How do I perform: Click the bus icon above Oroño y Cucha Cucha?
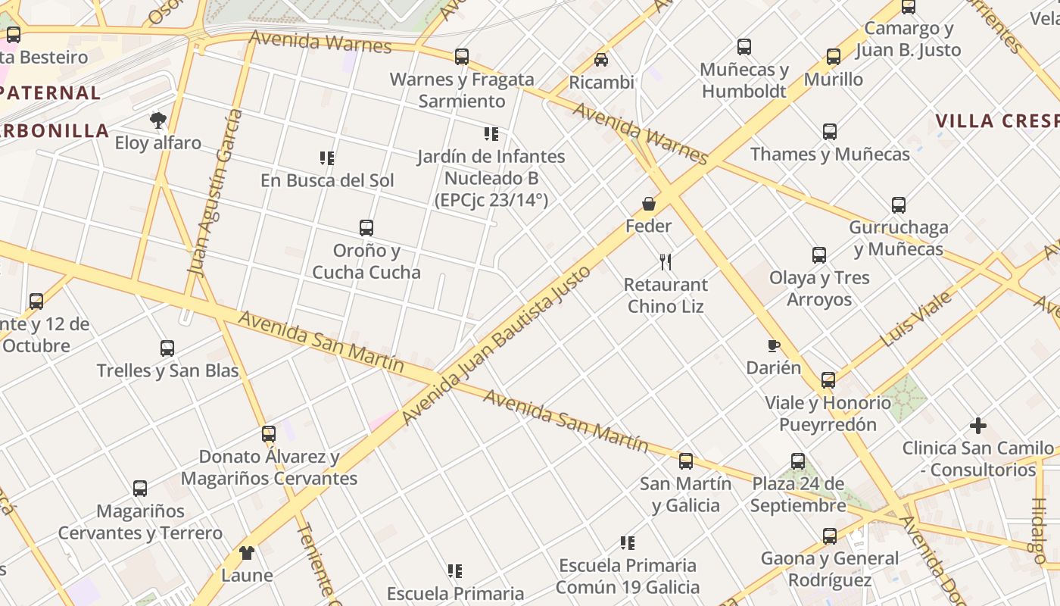[x=366, y=227]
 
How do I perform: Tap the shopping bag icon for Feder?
[x=649, y=203]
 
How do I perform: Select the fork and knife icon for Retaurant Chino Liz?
[x=666, y=262]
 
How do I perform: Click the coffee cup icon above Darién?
[x=773, y=345]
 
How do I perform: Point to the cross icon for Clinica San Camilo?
[x=978, y=426]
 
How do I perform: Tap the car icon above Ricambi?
[x=600, y=59]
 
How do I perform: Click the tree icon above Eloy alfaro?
[x=157, y=120]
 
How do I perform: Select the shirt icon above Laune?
[x=247, y=552]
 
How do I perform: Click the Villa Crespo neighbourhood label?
[x=996, y=121]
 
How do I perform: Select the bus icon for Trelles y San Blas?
[x=167, y=348]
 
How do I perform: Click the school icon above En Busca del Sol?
[x=327, y=158]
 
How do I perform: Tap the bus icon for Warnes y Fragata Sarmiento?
[x=461, y=56]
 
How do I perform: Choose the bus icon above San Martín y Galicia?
[x=686, y=461]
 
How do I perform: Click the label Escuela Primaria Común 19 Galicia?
[x=628, y=576]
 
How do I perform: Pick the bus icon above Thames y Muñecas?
[x=830, y=132]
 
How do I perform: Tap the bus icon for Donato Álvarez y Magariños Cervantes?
[x=269, y=434]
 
